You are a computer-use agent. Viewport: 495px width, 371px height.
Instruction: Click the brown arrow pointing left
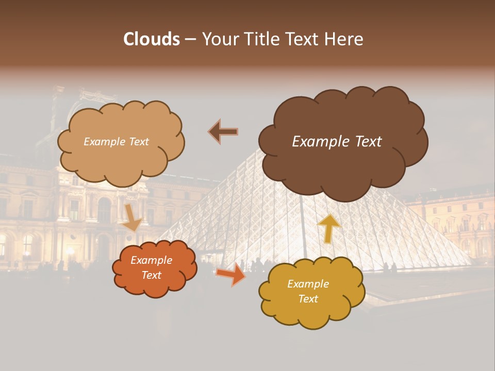(223, 132)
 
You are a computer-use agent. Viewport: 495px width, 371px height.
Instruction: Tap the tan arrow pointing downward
(132, 217)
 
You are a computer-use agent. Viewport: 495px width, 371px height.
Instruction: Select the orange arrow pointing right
(230, 274)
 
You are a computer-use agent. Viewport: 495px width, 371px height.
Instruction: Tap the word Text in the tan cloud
(138, 142)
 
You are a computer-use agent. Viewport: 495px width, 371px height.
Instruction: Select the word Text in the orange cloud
(151, 275)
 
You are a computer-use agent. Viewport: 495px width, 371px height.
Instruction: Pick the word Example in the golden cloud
(308, 284)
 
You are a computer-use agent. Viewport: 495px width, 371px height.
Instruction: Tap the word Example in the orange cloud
(151, 261)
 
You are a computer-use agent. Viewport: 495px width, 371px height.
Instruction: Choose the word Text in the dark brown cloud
(367, 142)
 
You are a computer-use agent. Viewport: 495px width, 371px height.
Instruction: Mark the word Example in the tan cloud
(105, 142)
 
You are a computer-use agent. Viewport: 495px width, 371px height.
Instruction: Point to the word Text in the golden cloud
(308, 299)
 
